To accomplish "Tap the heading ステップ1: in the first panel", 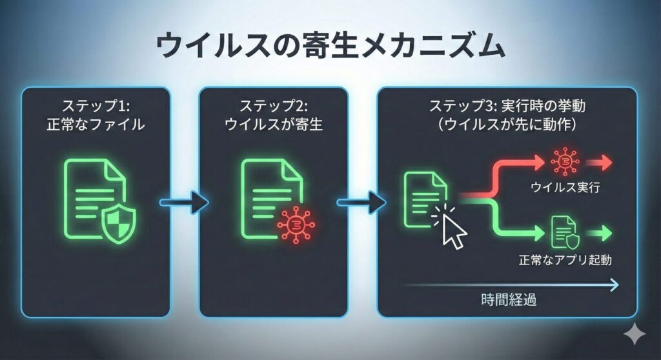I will pyautogui.click(x=96, y=105).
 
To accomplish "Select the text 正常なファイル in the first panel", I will pyautogui.click(x=96, y=125).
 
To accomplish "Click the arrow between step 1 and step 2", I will pyautogui.click(x=184, y=203).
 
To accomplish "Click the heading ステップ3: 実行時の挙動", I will pyautogui.click(x=507, y=105).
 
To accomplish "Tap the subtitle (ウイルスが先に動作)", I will pyautogui.click(x=507, y=125).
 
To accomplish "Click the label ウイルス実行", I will pyautogui.click(x=565, y=189).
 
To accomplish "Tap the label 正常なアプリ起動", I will pyautogui.click(x=565, y=261).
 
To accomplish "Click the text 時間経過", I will pyautogui.click(x=509, y=300).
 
